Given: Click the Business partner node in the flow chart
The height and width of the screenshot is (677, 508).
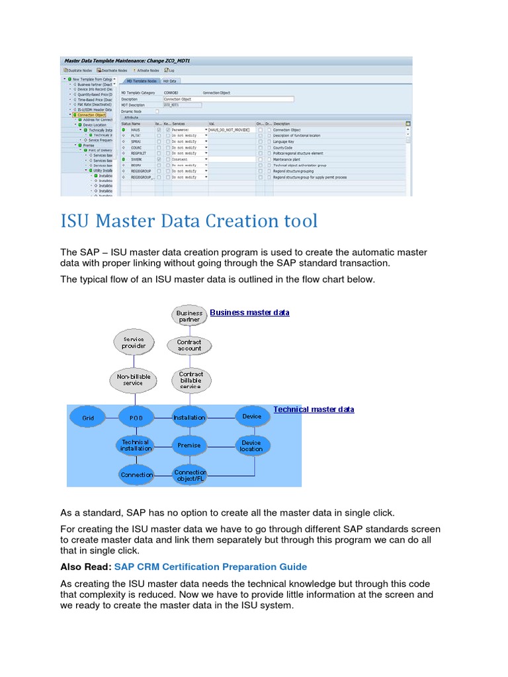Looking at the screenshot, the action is (189, 316).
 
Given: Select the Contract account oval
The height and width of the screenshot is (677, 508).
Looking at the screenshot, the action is (189, 345).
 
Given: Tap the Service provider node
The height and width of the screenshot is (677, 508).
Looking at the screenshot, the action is (134, 342).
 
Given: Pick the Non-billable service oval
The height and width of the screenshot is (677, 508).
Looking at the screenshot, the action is (134, 379).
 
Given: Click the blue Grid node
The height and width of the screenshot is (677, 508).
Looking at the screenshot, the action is (89, 418).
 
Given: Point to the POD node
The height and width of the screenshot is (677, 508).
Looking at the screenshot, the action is (136, 418).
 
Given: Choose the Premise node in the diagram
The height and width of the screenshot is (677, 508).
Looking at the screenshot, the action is (189, 446).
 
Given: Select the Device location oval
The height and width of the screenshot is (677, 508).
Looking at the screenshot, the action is (251, 446).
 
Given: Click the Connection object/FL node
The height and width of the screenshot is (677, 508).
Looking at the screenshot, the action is (190, 475).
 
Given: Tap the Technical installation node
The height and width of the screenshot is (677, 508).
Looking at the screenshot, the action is (136, 446).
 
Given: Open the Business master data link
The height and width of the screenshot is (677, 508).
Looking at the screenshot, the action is (249, 313).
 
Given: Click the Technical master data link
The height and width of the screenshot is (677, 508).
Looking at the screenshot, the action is (314, 410).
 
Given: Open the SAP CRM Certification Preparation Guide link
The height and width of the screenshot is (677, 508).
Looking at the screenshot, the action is (210, 567).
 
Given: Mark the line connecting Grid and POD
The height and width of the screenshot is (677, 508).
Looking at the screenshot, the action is (112, 418).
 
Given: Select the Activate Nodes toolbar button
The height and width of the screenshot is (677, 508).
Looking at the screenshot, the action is (147, 70).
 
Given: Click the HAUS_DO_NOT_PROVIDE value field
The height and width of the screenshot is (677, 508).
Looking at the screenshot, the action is (232, 130).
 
